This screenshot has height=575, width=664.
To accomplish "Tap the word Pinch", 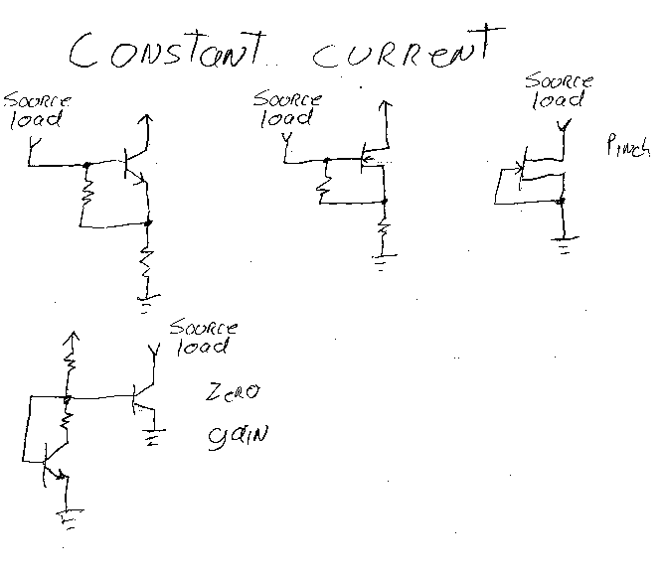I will (x=626, y=148).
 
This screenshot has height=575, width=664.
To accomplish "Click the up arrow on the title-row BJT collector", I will (x=147, y=125).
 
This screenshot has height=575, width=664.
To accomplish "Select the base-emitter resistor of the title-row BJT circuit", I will (x=86, y=194).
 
